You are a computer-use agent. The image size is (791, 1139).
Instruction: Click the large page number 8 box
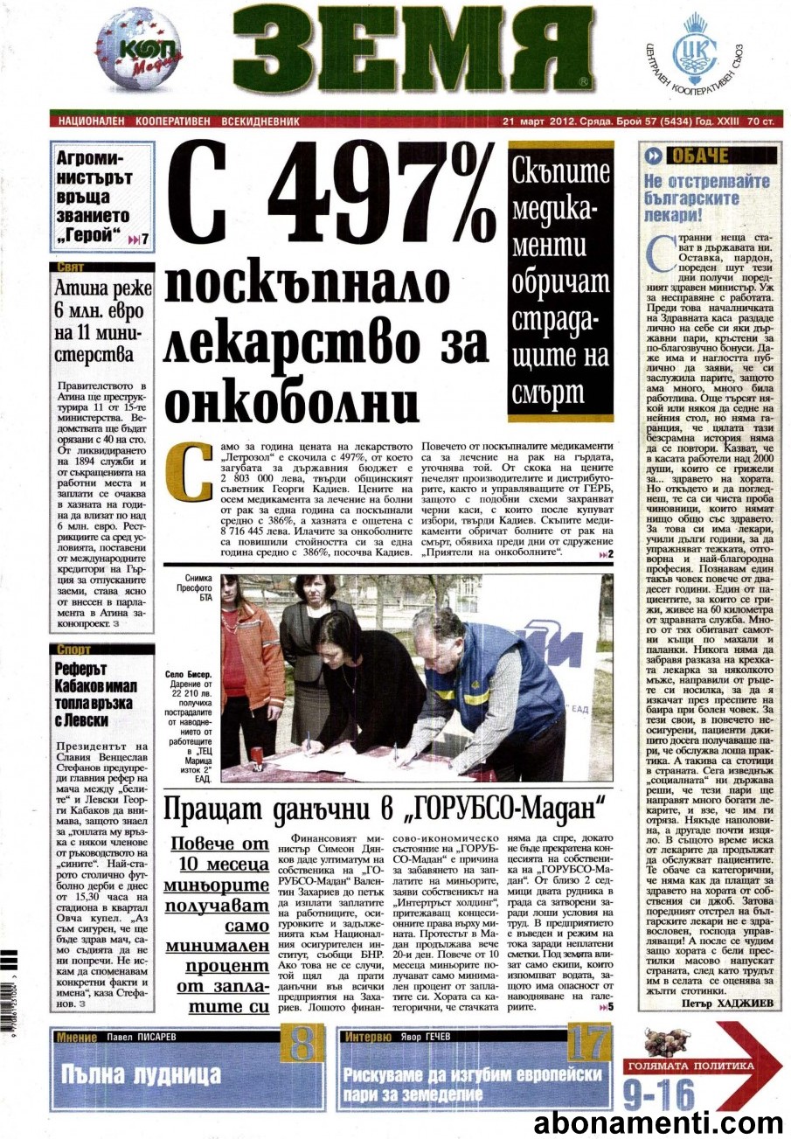click(300, 1044)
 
